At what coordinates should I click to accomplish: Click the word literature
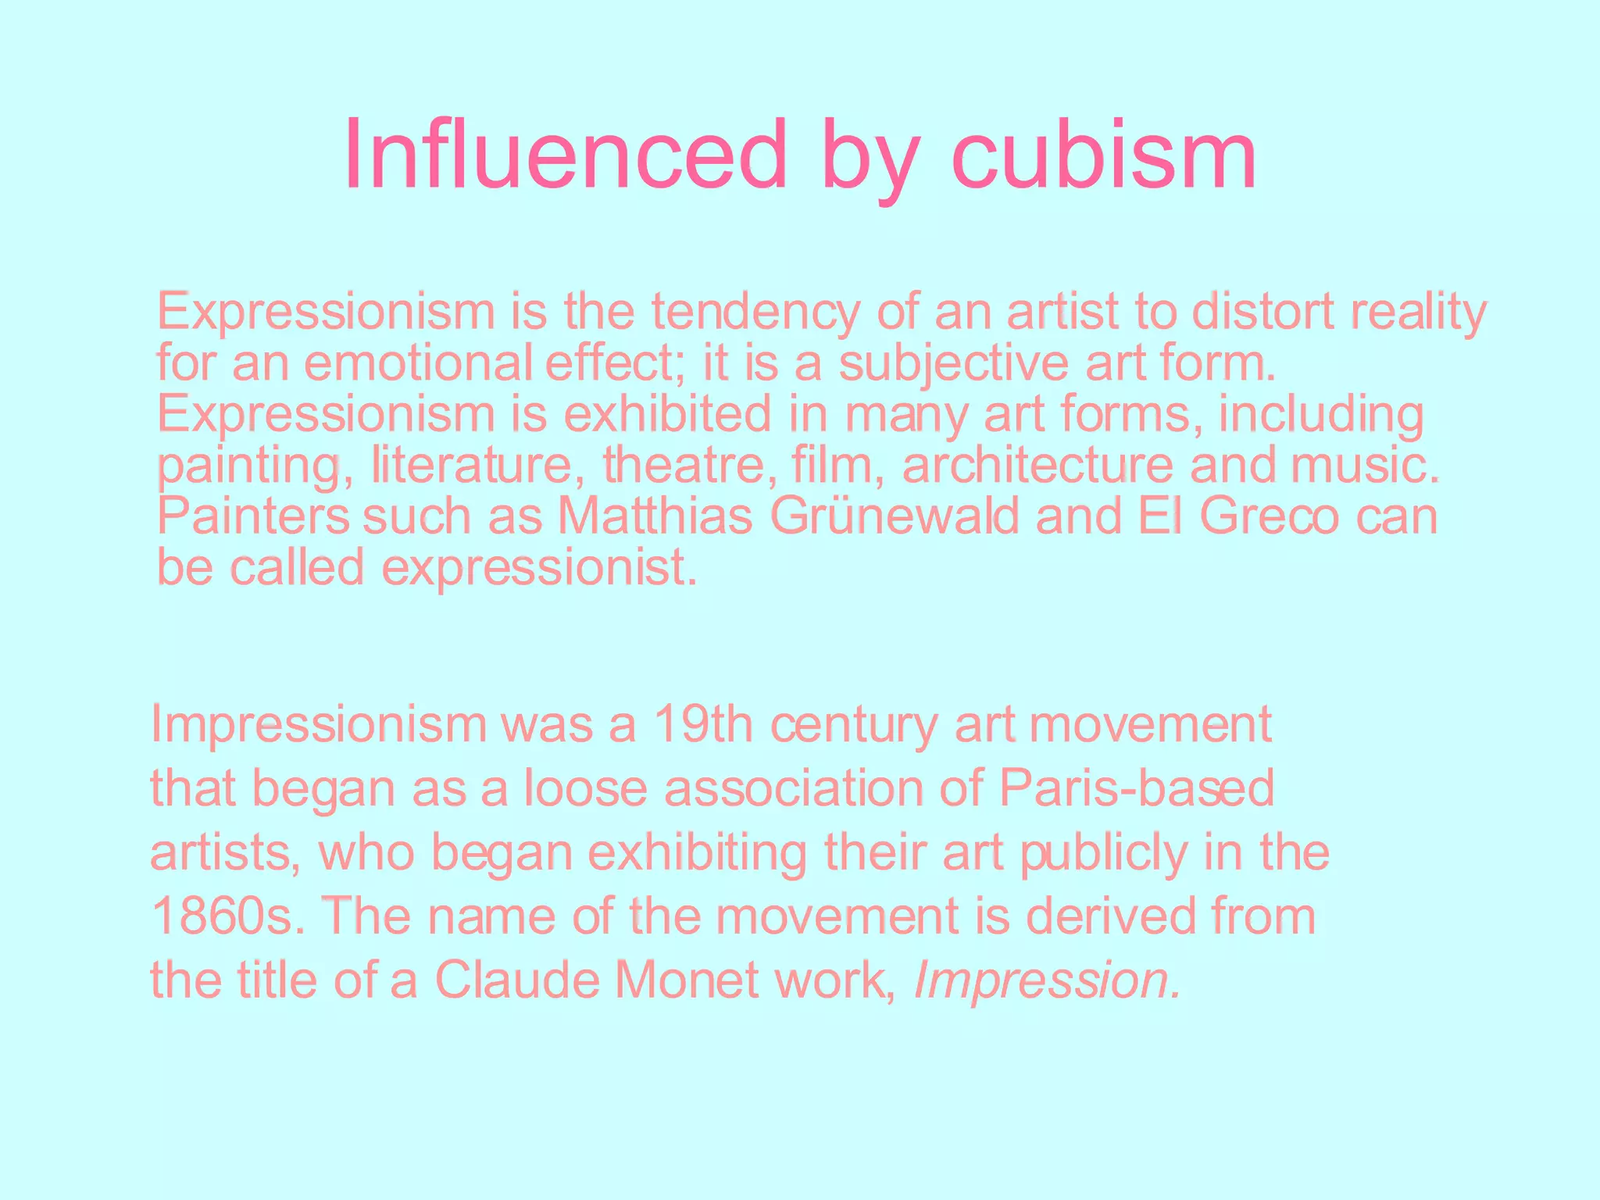pyautogui.click(x=472, y=466)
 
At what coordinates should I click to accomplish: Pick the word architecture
pyautogui.click(x=1037, y=466)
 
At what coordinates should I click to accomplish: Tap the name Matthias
pyautogui.click(x=655, y=516)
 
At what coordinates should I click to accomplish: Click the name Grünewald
pyautogui.click(x=895, y=516)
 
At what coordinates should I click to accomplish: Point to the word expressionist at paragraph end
pyautogui.click(x=538, y=569)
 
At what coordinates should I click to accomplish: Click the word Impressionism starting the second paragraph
pyautogui.click(x=319, y=725)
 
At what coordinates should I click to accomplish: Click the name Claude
pyautogui.click(x=517, y=980)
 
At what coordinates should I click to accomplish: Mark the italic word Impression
pyautogui.click(x=1047, y=981)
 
